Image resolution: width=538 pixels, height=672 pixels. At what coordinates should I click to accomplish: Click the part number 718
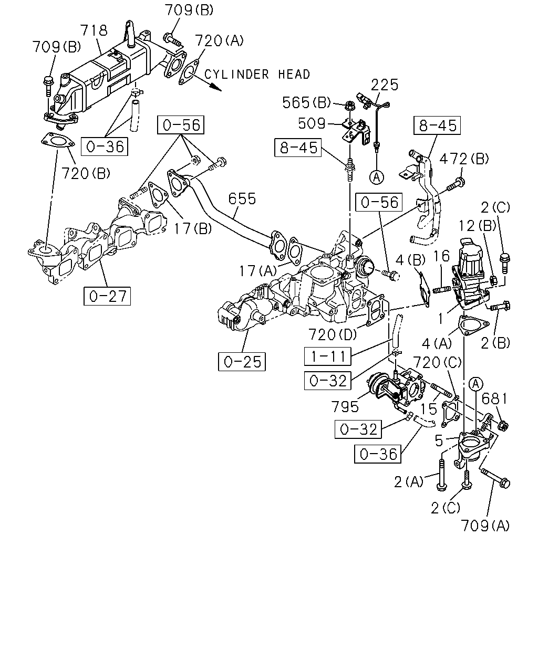94,30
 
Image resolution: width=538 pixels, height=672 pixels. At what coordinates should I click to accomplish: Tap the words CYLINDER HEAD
257,75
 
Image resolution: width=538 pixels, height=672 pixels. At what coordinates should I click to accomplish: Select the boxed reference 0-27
107,296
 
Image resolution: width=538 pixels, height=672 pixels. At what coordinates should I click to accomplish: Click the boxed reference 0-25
242,362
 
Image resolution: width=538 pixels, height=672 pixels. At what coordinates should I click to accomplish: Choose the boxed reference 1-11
328,356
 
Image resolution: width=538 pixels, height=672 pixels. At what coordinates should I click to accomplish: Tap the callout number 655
242,198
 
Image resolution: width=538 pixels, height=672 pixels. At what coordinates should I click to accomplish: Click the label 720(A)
219,40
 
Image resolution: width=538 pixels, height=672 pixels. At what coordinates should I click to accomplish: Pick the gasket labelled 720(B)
58,141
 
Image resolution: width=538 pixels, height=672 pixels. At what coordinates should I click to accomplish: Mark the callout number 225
385,85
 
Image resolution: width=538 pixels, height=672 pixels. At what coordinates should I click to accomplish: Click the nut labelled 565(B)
349,106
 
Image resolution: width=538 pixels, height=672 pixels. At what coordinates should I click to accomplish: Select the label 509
312,123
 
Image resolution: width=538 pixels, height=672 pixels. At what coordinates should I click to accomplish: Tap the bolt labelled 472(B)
456,184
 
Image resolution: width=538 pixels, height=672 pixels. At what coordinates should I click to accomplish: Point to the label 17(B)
193,229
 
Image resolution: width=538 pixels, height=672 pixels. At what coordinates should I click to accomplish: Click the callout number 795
345,406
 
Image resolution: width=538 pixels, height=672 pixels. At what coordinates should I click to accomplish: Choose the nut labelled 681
502,425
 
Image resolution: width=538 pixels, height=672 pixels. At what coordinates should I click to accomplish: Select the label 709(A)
485,526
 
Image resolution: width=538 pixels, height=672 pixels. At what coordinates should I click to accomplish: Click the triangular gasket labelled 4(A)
473,325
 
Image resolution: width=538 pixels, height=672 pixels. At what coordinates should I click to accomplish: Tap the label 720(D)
333,334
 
